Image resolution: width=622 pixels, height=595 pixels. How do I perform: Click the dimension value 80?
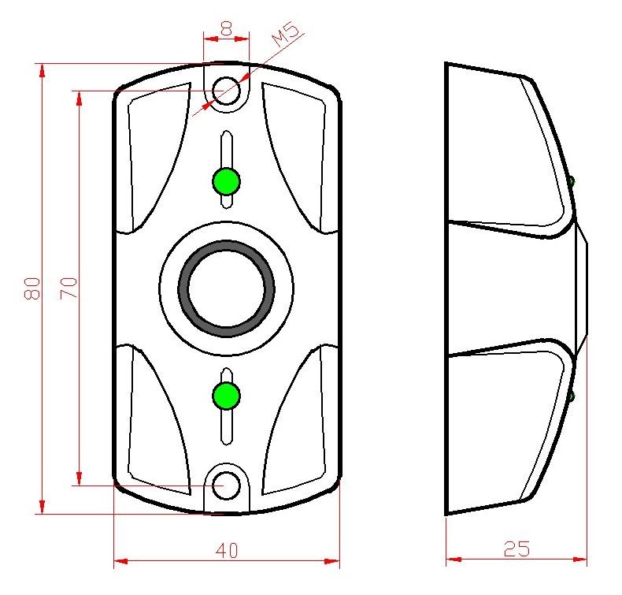[x=32, y=288]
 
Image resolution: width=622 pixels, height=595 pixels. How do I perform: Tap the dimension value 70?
[x=68, y=288]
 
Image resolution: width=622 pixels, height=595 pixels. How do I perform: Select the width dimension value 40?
[x=228, y=551]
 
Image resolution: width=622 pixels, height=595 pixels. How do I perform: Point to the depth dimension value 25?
[x=516, y=549]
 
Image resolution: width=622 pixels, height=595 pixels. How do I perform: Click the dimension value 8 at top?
[x=226, y=28]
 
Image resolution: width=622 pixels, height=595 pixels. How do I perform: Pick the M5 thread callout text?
[x=285, y=35]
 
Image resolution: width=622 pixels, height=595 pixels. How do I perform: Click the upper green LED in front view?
[x=226, y=181]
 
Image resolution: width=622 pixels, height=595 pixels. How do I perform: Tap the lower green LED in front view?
[x=226, y=396]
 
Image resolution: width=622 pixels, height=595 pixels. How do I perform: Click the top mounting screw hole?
[x=226, y=91]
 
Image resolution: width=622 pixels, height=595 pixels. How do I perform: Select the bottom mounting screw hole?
[x=226, y=485]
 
